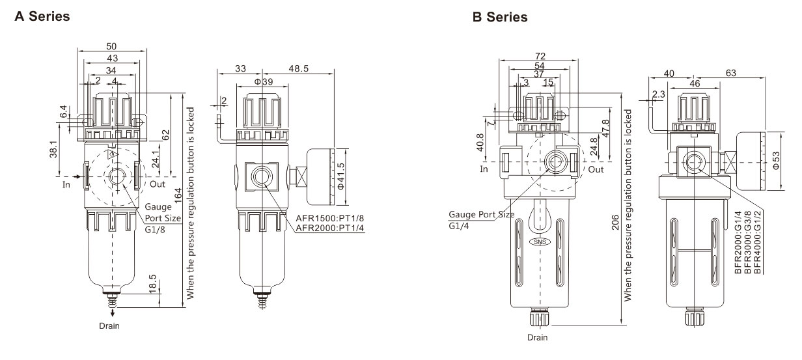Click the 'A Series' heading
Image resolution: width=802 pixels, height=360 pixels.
[42, 16]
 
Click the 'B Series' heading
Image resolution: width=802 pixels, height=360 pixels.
[500, 17]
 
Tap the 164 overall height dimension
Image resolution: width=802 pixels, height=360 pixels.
[178, 195]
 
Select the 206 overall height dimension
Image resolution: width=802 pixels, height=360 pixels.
[615, 222]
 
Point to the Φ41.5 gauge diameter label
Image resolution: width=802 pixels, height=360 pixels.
[340, 176]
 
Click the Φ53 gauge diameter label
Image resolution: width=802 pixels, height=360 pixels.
[775, 161]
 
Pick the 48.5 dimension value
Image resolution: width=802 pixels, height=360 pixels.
[298, 68]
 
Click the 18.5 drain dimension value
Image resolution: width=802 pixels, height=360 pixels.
[152, 284]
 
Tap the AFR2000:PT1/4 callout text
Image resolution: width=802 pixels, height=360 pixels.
[330, 228]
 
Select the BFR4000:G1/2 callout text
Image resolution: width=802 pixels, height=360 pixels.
[757, 243]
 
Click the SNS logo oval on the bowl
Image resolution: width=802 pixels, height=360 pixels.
[540, 242]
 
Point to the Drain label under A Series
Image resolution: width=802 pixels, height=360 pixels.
[109, 326]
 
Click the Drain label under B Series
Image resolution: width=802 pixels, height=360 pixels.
[538, 337]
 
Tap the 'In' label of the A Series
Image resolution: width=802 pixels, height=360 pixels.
[66, 184]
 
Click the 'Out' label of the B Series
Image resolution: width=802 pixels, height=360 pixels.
[596, 169]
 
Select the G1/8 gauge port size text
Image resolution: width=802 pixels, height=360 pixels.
[155, 230]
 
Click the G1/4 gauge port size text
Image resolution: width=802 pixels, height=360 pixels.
[459, 226]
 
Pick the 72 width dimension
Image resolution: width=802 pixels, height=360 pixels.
[540, 56]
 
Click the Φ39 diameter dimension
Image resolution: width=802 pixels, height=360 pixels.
[264, 81]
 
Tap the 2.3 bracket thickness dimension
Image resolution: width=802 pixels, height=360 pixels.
[658, 94]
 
